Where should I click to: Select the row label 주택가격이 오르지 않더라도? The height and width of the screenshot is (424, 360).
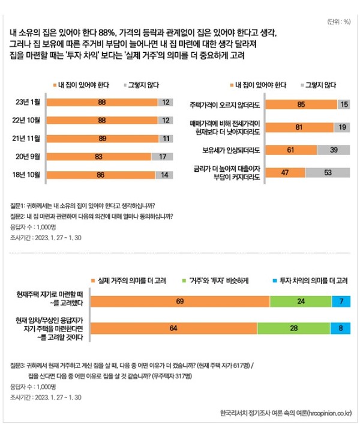(226, 105)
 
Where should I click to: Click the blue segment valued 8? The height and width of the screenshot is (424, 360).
(341, 329)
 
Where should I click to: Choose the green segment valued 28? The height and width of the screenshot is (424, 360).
(293, 329)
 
